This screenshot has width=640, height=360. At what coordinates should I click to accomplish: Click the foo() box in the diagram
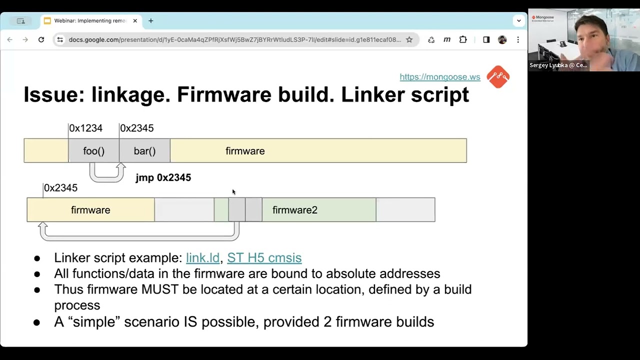93,151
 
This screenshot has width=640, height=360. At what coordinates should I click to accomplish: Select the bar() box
144,151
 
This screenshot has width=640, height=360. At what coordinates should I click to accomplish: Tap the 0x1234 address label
85,128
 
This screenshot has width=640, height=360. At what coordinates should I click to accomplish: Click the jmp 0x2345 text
163,177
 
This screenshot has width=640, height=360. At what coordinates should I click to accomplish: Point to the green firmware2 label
294,210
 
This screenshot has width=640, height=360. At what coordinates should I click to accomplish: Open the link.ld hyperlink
202,257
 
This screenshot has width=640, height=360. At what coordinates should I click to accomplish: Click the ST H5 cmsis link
264,257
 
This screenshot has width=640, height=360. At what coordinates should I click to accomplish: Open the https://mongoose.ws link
439,77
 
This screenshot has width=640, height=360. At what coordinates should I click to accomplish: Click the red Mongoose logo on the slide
497,77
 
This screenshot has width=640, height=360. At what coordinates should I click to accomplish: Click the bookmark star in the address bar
409,40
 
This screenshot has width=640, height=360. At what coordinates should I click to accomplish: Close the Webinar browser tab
135,21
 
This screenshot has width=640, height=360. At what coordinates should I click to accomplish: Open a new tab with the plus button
151,21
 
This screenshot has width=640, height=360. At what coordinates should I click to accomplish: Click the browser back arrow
10,40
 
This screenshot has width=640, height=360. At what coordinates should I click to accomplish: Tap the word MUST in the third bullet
159,289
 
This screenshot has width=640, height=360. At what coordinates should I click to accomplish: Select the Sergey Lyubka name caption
558,65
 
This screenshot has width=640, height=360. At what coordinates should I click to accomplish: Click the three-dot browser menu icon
518,40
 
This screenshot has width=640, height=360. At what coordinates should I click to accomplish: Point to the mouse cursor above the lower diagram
233,192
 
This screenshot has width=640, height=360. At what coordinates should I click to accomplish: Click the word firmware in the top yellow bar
245,151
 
